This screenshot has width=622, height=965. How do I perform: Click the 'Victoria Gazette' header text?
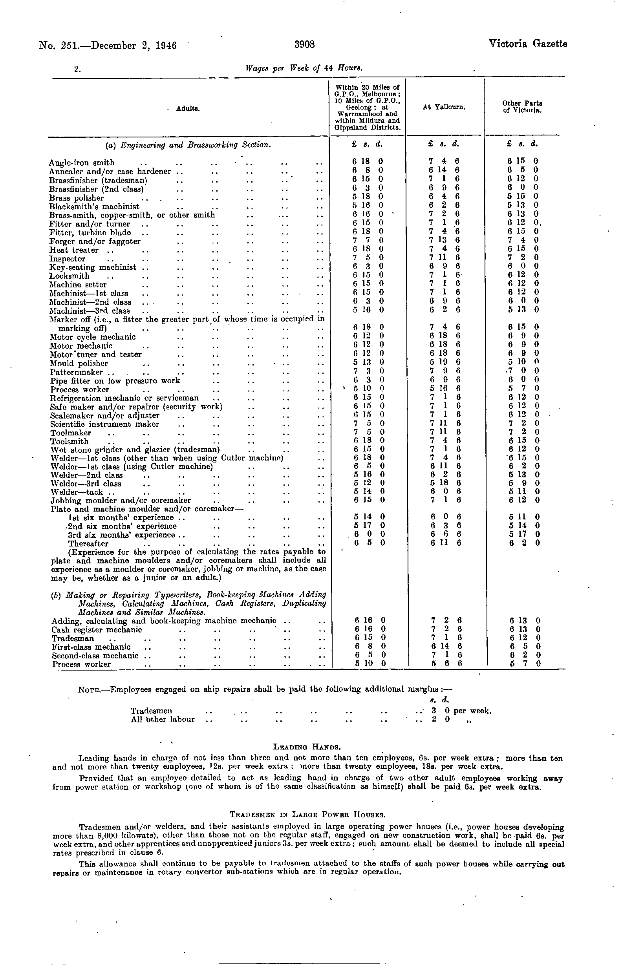tap(528, 44)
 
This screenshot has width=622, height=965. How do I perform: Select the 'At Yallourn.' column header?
tap(444, 108)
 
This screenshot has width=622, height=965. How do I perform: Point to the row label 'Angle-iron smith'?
tap(82, 163)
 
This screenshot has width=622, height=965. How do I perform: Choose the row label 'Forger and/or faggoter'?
tap(95, 241)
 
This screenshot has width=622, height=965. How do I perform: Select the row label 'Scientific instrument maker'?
tap(104, 424)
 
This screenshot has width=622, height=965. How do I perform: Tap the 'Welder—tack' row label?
tap(77, 492)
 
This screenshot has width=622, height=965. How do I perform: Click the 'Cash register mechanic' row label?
tap(97, 629)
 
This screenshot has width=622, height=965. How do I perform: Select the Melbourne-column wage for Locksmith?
tap(368, 276)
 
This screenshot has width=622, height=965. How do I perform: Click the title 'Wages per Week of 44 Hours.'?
tap(304, 68)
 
